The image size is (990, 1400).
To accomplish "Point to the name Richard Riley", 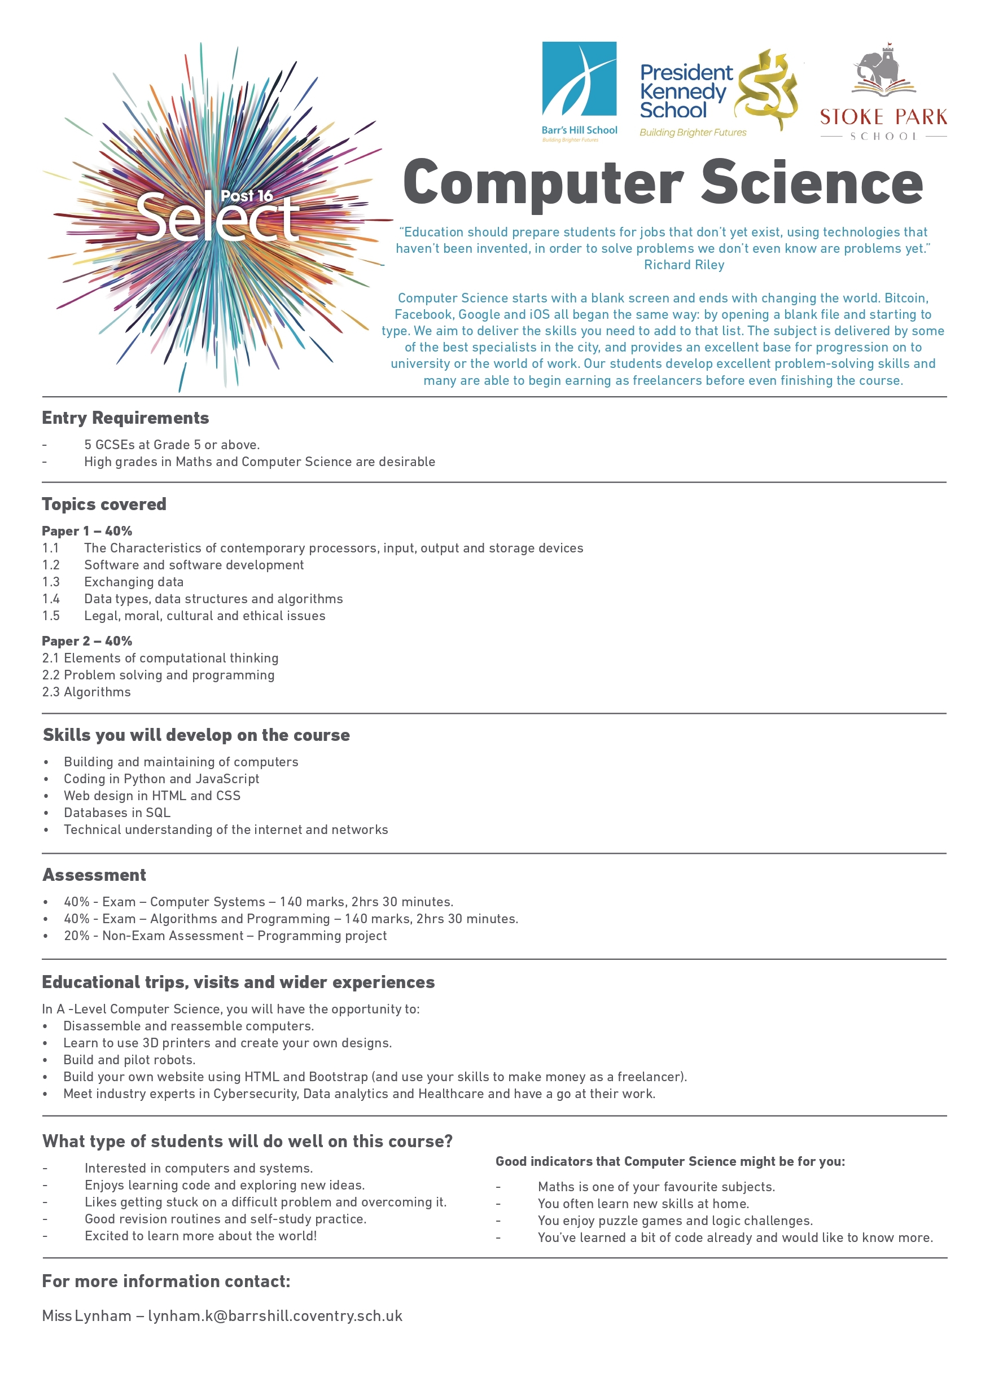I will coord(684,265).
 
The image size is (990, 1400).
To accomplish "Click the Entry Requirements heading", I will coord(125,418).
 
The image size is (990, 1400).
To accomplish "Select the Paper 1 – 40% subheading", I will coord(86,530).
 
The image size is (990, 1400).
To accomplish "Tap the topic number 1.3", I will coord(51,582).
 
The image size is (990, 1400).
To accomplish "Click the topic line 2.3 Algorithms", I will coord(86,691).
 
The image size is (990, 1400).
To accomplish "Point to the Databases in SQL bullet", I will coord(117,812).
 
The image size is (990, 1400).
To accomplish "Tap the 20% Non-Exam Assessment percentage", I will coord(77,936).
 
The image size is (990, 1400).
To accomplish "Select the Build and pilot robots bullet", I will coord(129,1060).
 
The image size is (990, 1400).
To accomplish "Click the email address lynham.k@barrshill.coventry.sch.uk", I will coord(275,1316).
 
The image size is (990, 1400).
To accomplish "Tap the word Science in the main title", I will coord(811,183).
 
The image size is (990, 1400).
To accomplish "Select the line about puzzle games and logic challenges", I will coord(675,1221).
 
